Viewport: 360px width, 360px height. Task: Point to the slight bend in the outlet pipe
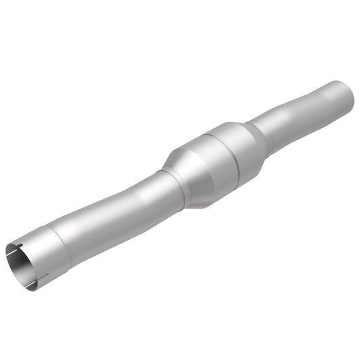coord(284,122)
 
